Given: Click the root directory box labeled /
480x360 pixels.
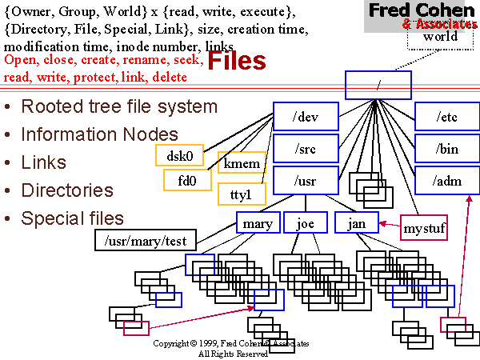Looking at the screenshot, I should tap(378, 84).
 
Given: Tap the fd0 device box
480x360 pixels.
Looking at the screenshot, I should tap(187, 181).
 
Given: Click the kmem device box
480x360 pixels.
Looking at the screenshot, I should tap(242, 164).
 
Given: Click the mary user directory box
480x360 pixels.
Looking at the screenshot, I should tap(258, 223).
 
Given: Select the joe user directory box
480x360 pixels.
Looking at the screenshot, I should tap(306, 223).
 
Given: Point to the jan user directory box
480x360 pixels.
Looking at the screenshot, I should tap(357, 223).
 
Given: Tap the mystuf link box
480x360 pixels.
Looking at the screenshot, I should tap(423, 228).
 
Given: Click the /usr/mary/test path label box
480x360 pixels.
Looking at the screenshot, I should tap(138, 239).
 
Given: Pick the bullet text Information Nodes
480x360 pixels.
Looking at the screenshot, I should tap(99, 134).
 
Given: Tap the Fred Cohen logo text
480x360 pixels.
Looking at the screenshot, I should tap(418, 11).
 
